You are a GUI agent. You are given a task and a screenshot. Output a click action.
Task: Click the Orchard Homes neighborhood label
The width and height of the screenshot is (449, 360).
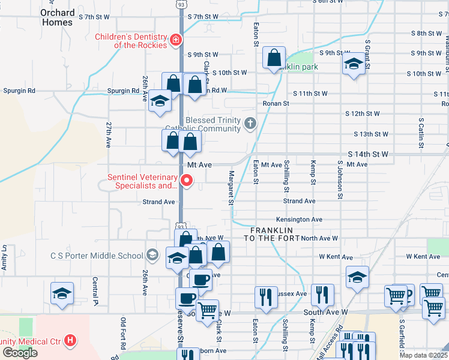click(58, 17)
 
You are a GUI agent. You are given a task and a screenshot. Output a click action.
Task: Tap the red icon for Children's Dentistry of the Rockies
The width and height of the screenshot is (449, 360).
click(176, 40)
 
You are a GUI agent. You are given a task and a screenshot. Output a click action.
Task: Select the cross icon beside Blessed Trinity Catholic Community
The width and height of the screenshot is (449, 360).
click(250, 124)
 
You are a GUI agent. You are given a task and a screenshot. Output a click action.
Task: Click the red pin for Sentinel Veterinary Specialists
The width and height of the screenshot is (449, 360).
click(187, 179)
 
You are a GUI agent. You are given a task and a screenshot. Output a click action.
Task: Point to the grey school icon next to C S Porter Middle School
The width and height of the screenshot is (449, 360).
click(152, 256)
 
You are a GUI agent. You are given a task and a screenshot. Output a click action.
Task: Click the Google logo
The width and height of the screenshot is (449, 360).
click(20, 353)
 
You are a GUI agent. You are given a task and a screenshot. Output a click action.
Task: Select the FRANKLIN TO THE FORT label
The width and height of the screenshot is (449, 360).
click(271, 234)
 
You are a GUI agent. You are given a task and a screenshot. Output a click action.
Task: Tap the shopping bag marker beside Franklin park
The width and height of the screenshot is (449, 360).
click(274, 59)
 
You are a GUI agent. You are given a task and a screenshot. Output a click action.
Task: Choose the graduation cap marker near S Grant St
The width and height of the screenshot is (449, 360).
click(354, 64)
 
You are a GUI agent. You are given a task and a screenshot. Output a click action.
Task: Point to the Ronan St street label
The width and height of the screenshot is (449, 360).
click(276, 103)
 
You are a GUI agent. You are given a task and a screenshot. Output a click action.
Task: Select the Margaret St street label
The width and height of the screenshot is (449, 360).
click(231, 187)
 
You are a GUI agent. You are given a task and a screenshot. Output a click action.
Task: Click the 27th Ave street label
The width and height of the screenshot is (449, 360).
click(109, 136)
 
